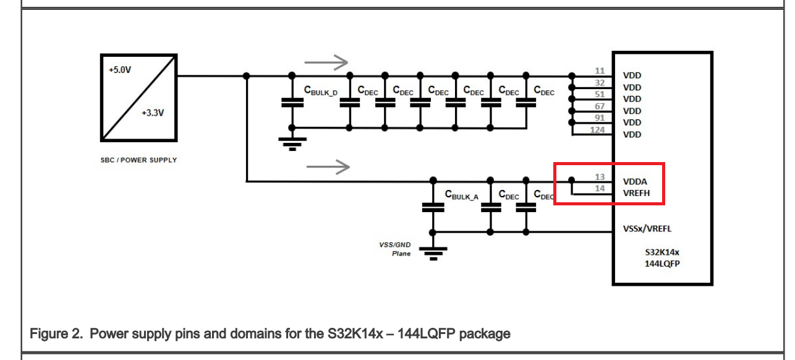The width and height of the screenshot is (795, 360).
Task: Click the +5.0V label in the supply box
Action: tap(120, 70)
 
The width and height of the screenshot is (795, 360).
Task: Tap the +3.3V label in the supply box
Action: tap(153, 113)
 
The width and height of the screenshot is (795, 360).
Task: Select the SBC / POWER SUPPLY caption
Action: tap(138, 160)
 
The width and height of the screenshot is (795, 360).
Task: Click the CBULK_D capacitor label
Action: tap(320, 90)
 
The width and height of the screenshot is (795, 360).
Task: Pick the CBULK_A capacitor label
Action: tap(461, 195)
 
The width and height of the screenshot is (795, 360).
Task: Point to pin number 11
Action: tap(600, 71)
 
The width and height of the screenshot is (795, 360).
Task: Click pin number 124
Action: tap(597, 130)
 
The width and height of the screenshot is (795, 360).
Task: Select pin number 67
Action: tap(600, 106)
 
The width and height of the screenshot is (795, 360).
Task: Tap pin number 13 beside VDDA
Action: tap(600, 177)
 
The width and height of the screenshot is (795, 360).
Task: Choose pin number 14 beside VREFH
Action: tap(600, 189)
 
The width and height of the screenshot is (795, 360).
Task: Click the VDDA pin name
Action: tap(635, 182)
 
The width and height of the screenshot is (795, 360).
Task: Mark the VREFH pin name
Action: tap(636, 193)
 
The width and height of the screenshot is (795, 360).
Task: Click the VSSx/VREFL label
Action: tap(647, 229)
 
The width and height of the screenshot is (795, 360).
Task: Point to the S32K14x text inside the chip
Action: tap(662, 252)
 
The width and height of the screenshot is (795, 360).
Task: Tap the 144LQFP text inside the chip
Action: tap(662, 264)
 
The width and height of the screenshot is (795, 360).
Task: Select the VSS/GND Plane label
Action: tap(394, 249)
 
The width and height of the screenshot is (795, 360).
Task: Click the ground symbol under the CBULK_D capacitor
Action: tap(292, 144)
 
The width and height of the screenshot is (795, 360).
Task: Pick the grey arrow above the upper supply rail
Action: tap(326, 62)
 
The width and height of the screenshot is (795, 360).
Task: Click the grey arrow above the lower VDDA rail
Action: tap(328, 167)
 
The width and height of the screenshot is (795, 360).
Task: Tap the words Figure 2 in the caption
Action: tap(56, 334)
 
